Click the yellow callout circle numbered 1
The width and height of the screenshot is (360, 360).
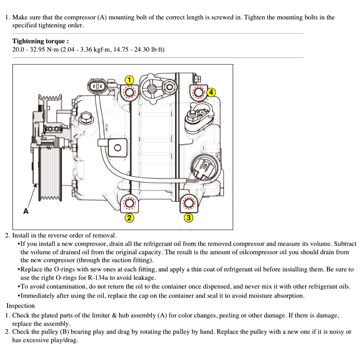click(130, 80)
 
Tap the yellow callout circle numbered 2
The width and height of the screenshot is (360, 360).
click(129, 217)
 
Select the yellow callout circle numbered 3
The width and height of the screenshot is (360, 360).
click(189, 217)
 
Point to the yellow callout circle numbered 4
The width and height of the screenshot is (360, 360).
click(211, 92)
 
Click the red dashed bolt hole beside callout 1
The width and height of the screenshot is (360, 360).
click(129, 92)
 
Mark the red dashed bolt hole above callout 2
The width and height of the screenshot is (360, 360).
click(129, 203)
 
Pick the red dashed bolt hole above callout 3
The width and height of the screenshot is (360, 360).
click(189, 203)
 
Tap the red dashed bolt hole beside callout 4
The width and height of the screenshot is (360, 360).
click(198, 92)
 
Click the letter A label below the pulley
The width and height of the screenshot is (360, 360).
click(26, 211)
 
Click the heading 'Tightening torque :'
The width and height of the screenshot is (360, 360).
click(41, 41)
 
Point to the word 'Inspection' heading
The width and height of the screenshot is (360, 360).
click(21, 306)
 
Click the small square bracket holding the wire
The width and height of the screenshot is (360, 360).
click(118, 147)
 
